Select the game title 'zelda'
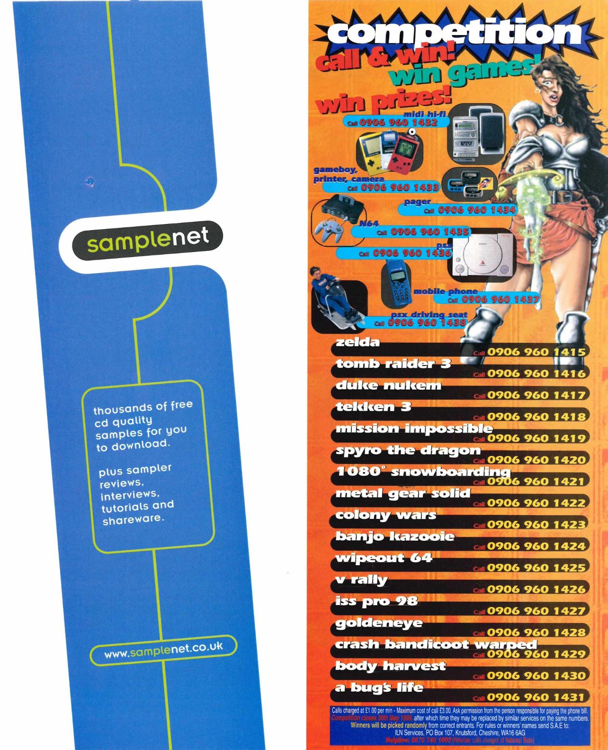[x=358, y=342]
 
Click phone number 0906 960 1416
[x=536, y=374]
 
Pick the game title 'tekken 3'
[x=374, y=407]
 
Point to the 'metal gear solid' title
[x=403, y=493]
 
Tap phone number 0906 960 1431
[x=536, y=697]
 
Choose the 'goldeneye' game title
[x=379, y=623]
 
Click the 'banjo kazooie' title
[x=395, y=536]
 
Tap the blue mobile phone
[x=396, y=284]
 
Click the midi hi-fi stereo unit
[x=467, y=135]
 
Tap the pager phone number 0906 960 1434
[x=476, y=209]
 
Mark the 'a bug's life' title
[x=379, y=687]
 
